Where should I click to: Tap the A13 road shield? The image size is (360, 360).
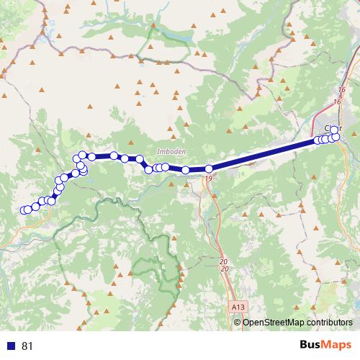[x=238, y=307]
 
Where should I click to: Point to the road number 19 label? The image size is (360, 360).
[x=208, y=177]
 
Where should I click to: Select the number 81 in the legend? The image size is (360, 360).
[x=27, y=346]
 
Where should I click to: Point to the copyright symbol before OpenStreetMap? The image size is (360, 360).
[x=238, y=322]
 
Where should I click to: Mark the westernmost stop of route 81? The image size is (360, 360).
[x=24, y=210]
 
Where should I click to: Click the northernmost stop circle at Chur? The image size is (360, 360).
[x=334, y=130]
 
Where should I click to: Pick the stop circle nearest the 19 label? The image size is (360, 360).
[x=209, y=169]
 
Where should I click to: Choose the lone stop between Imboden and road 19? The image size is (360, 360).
[x=186, y=170]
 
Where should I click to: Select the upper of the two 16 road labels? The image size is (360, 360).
[x=341, y=89]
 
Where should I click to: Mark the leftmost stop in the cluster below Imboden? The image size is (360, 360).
[x=149, y=170]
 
